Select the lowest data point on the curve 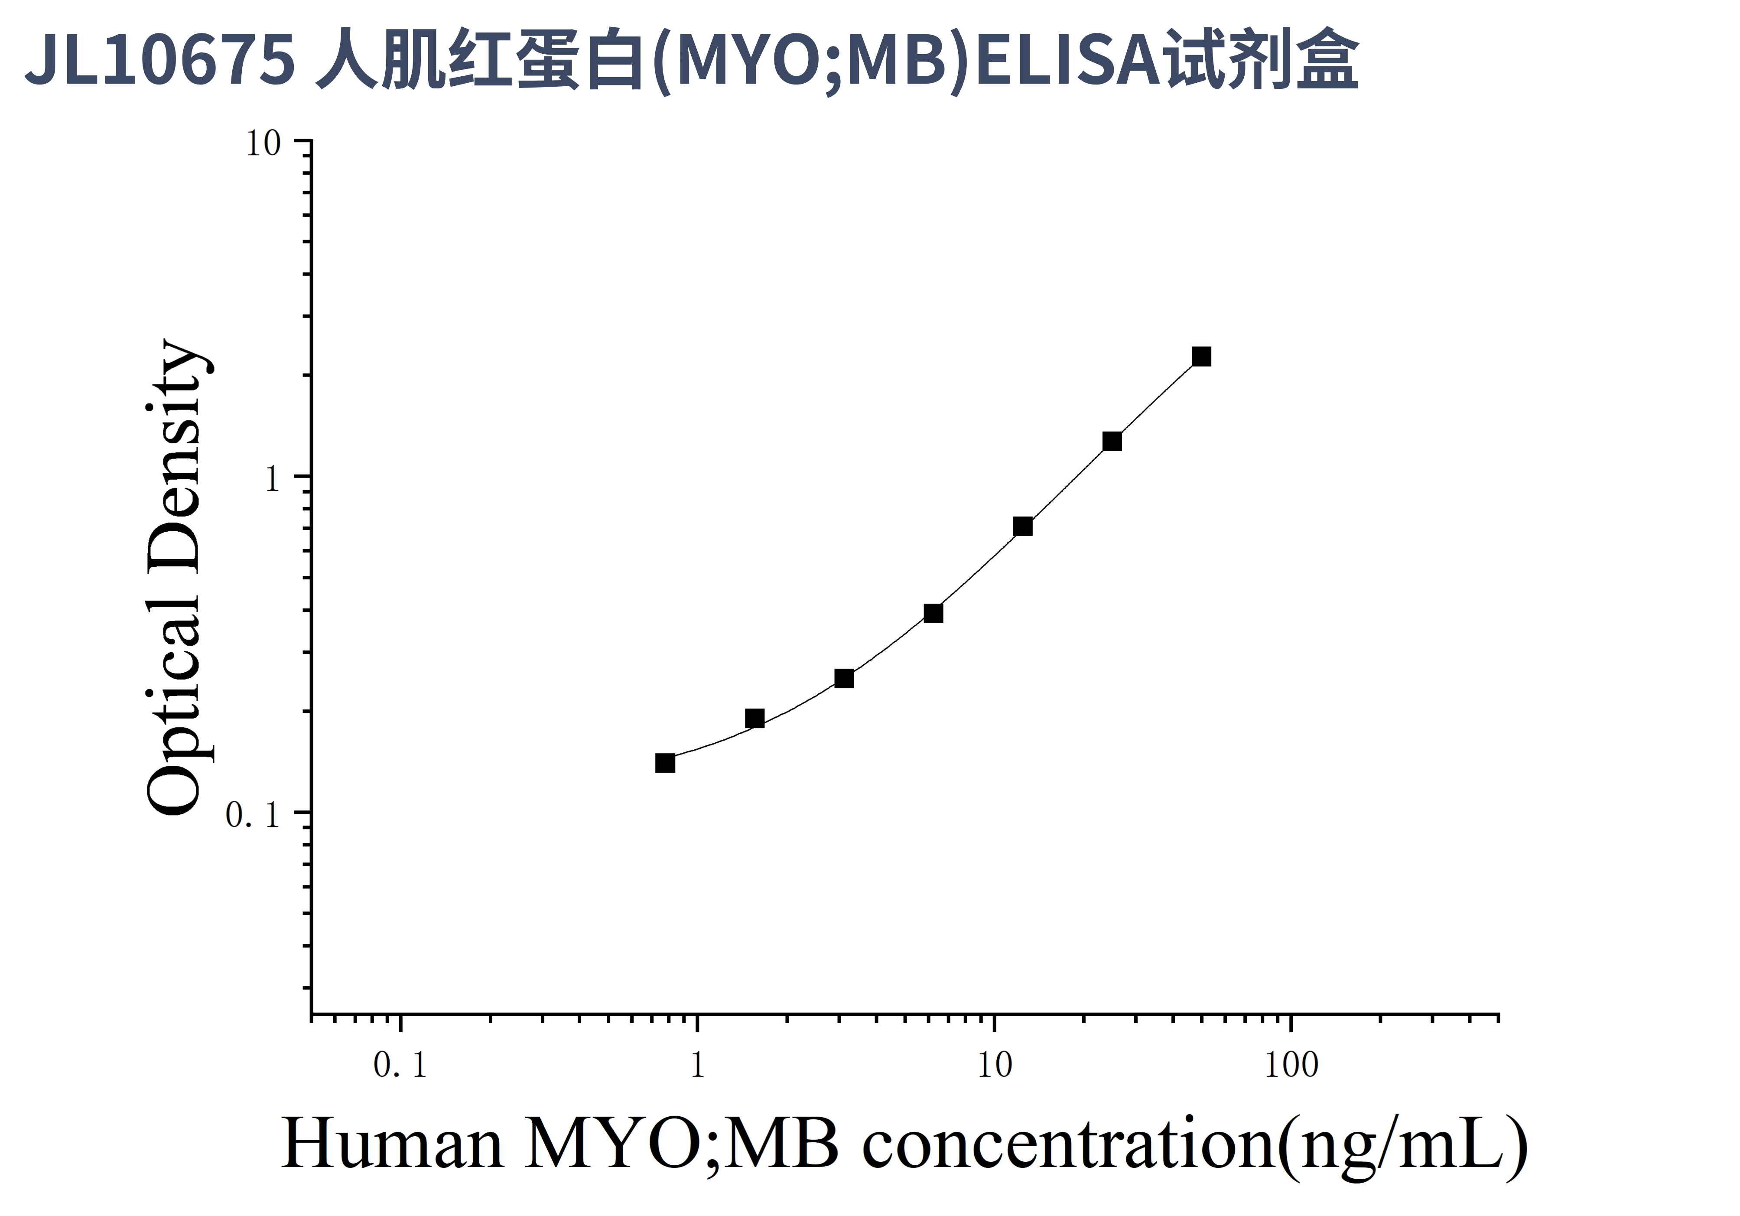click(x=665, y=762)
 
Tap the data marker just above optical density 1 click(x=1112, y=441)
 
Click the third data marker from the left click(x=843, y=678)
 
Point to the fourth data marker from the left click(x=933, y=613)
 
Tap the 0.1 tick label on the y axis click(x=252, y=815)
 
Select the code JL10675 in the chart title click(x=159, y=61)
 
